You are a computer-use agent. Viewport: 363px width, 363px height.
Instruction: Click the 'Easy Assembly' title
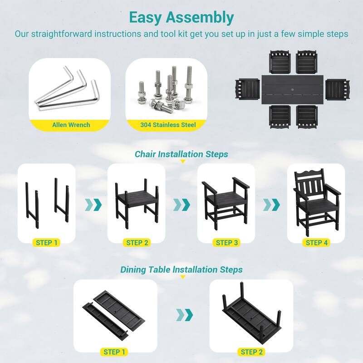pyautogui.click(x=181, y=17)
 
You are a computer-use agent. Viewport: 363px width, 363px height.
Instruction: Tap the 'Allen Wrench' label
pyautogui.click(x=71, y=125)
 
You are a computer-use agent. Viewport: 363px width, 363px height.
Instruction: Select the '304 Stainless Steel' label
pyautogui.click(x=168, y=125)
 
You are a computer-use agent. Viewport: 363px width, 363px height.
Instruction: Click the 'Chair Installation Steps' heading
pyautogui.click(x=181, y=154)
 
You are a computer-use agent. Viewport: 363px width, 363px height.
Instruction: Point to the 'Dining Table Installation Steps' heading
pyautogui.click(x=181, y=270)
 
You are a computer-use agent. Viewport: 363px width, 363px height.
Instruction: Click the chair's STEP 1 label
pyautogui.click(x=47, y=243)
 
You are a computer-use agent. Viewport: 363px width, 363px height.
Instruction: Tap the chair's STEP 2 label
pyautogui.click(x=137, y=243)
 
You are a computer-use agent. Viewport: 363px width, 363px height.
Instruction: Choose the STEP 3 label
pyautogui.click(x=226, y=243)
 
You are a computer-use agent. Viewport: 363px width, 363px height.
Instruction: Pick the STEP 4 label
pyautogui.click(x=316, y=243)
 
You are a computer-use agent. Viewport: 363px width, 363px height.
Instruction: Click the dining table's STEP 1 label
pyautogui.click(x=114, y=352)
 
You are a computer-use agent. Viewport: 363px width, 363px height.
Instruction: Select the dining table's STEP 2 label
pyautogui.click(x=251, y=352)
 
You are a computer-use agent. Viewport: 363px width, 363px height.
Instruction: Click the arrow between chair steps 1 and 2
pyautogui.click(x=93, y=205)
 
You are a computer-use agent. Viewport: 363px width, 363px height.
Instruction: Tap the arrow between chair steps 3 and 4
pyautogui.click(x=271, y=205)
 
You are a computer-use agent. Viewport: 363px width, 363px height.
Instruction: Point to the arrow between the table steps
pyautogui.click(x=184, y=315)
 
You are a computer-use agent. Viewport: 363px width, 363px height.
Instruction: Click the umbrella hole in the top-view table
pyautogui.click(x=292, y=89)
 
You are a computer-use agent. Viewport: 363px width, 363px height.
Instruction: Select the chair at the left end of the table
pyautogui.click(x=247, y=89)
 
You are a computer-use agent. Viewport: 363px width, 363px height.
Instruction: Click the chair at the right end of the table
pyautogui.click(x=338, y=89)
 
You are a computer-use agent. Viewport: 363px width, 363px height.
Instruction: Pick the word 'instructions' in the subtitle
pyautogui.click(x=118, y=34)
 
